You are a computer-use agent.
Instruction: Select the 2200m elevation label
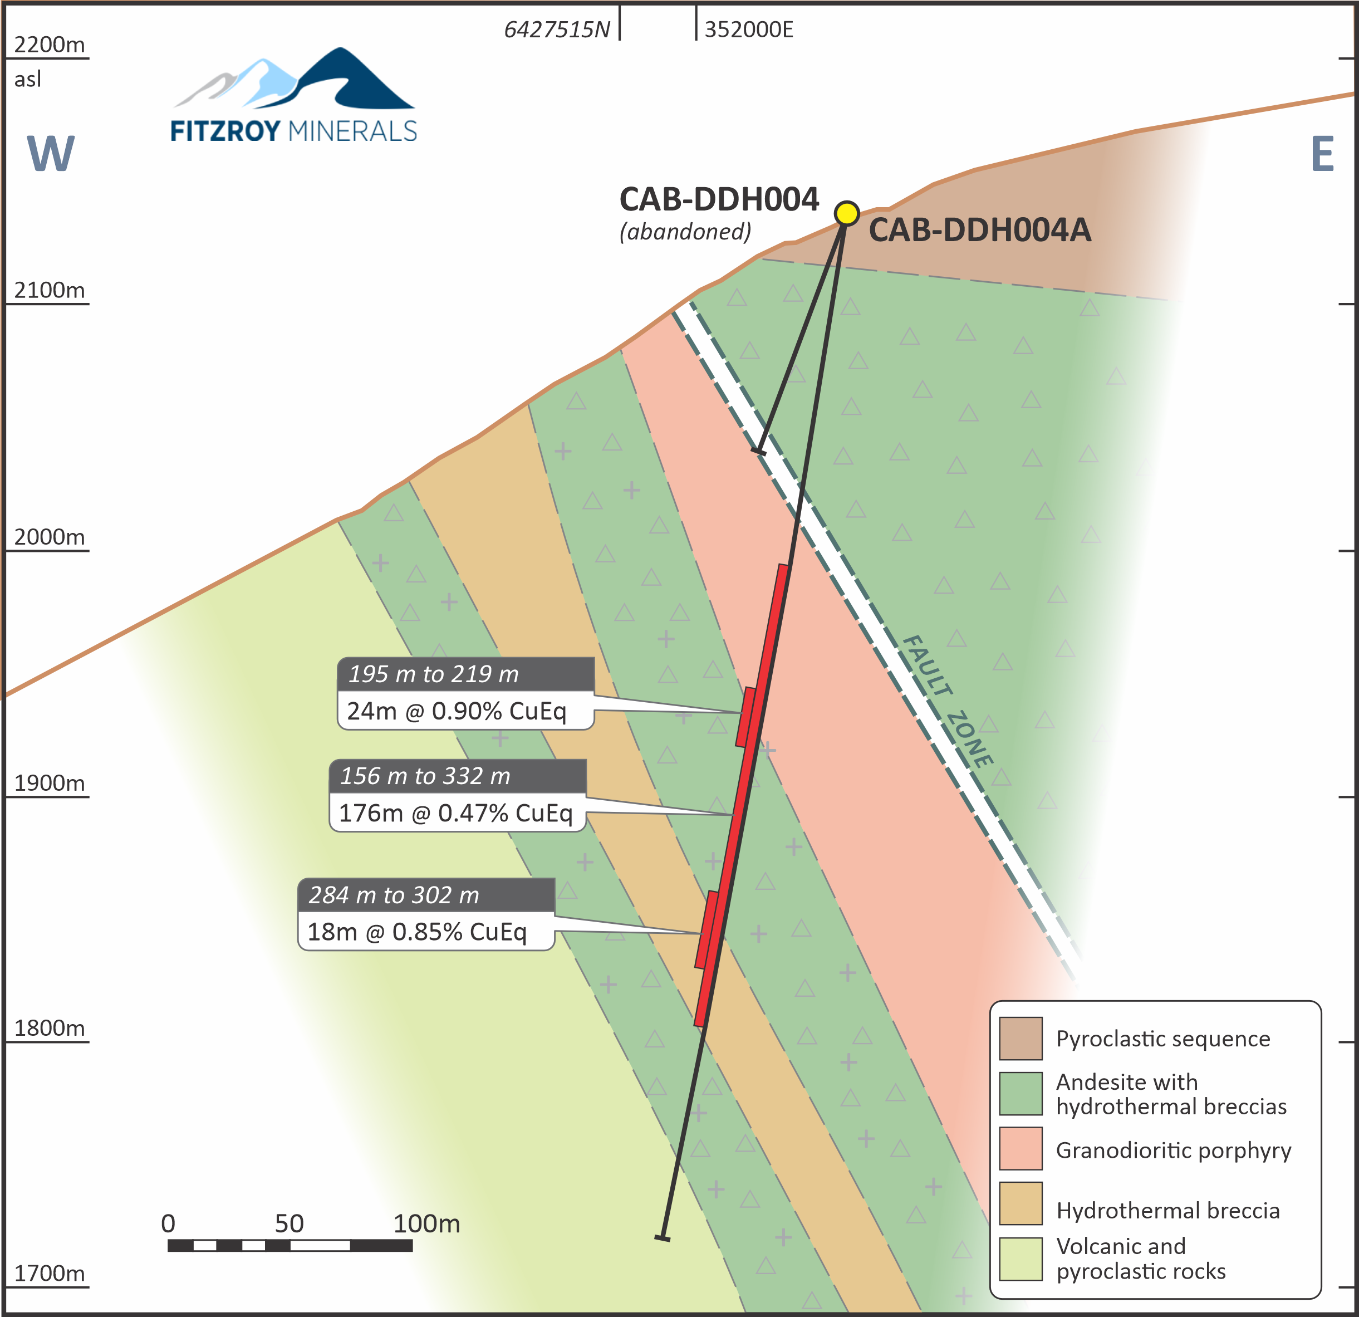click(49, 45)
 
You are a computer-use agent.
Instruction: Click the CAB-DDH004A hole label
click(980, 230)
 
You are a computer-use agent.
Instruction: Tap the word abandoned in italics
click(685, 232)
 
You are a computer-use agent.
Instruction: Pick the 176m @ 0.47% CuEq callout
click(455, 813)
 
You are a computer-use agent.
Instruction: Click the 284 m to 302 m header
click(394, 895)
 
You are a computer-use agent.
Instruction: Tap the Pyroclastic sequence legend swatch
click(1021, 1038)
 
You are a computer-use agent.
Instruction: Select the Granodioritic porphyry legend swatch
click(1021, 1148)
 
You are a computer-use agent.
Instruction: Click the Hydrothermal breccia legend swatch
click(1021, 1203)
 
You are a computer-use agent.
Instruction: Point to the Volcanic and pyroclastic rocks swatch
click(1021, 1259)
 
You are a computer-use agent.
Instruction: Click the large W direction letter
click(50, 153)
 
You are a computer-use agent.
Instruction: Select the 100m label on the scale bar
click(426, 1223)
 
